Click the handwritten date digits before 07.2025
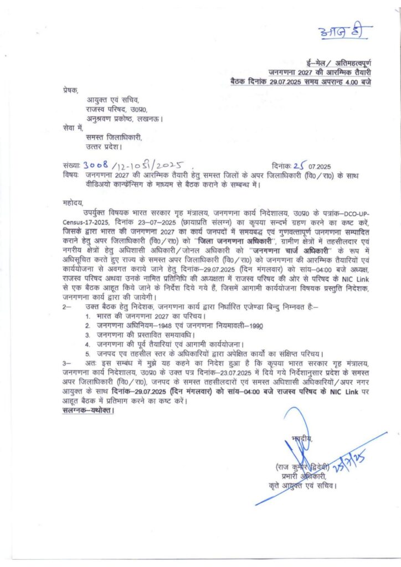(300, 166)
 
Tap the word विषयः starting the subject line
(72, 175)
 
